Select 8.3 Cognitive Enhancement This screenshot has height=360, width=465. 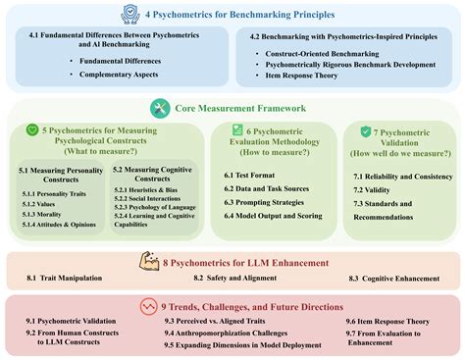coord(386,279)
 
